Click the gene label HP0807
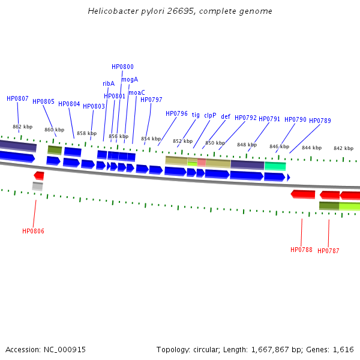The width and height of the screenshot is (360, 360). (17, 98)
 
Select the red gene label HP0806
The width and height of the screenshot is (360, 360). (33, 231)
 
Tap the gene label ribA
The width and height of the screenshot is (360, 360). (109, 84)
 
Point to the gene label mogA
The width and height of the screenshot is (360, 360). (130, 79)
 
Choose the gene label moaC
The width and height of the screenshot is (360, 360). (137, 92)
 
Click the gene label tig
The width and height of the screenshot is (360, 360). (196, 115)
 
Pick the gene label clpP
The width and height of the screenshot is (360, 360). (210, 115)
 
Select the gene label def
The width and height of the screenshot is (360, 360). (226, 117)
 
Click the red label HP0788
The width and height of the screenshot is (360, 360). (301, 250)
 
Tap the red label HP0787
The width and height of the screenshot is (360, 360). (328, 251)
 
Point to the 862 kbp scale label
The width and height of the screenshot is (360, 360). (22, 127)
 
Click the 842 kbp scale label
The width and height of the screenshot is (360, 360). (343, 148)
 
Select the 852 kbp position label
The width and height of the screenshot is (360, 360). (182, 141)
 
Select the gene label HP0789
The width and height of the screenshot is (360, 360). (320, 121)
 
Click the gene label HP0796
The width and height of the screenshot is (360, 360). (176, 113)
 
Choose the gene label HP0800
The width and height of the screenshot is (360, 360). (122, 67)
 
